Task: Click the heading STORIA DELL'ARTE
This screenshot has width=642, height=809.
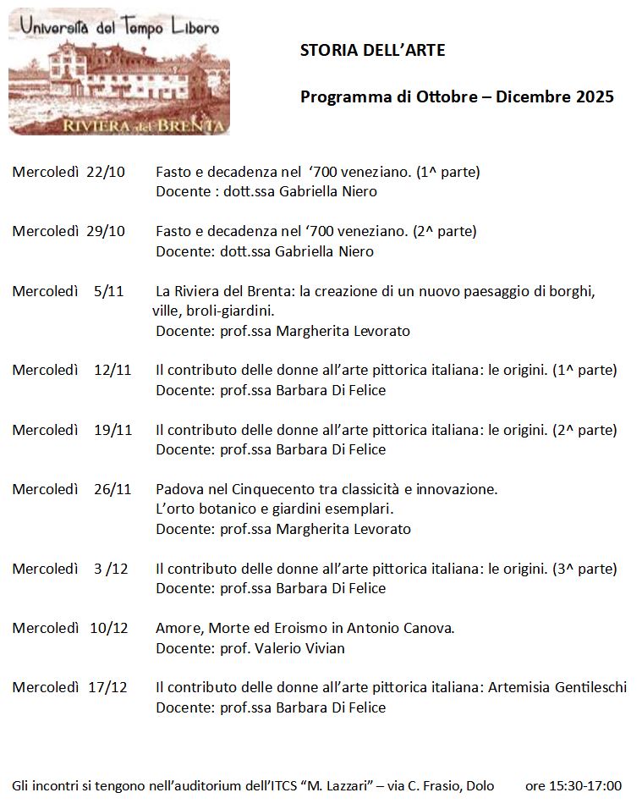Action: point(372,51)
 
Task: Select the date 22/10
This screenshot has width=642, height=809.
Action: point(106,173)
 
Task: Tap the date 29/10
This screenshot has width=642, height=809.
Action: point(106,232)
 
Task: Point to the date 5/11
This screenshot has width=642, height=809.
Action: point(109,292)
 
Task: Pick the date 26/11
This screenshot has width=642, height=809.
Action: point(113,490)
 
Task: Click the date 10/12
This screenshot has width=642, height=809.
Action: point(109,629)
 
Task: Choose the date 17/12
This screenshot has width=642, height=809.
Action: point(107,688)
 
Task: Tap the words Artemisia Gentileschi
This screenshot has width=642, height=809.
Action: point(557,688)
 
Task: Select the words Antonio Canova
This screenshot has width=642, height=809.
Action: point(404,629)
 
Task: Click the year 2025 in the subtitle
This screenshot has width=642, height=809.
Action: point(595,97)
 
